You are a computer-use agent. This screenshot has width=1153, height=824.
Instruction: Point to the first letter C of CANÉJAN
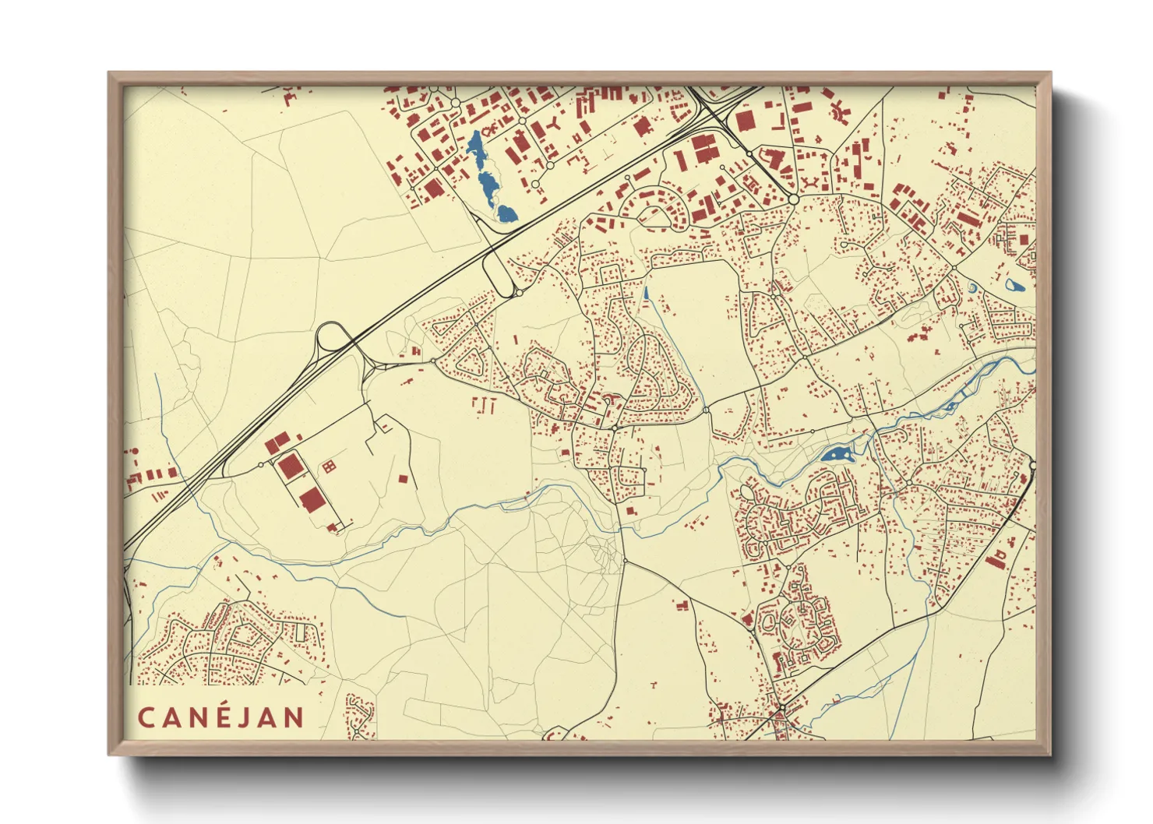click(x=146, y=717)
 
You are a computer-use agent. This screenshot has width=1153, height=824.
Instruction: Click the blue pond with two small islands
click(x=836, y=454)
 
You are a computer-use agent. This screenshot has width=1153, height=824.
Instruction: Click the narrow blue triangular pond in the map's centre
click(x=646, y=294)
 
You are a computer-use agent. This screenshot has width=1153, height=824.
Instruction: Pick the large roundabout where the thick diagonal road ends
click(x=793, y=199)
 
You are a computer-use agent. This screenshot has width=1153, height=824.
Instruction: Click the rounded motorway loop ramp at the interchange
click(x=331, y=338)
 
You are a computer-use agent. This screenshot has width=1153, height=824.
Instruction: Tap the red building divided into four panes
click(x=329, y=467)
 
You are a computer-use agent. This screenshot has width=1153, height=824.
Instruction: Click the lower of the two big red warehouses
click(x=311, y=498)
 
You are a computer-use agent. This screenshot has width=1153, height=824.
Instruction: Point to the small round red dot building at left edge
click(x=133, y=451)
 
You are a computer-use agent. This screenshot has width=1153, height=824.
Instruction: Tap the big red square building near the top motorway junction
click(x=746, y=120)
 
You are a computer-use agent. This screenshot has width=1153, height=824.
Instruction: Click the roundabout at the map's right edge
click(x=1033, y=466)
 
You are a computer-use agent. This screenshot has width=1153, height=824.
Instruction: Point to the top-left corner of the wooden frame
click(x=110, y=74)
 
